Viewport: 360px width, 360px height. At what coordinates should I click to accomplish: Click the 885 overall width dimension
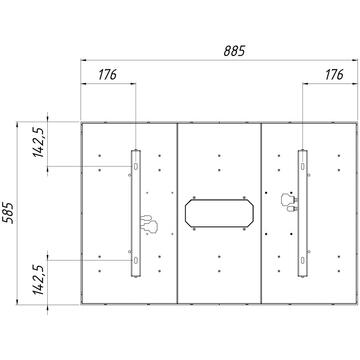pos(234,51)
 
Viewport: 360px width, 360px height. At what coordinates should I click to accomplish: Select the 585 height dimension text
pos(8,213)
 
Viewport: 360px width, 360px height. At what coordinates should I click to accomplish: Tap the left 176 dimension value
pos(107,75)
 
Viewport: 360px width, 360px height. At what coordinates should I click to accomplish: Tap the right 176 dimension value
pos(334,75)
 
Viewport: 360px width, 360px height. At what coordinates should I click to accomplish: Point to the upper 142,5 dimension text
pos(38,142)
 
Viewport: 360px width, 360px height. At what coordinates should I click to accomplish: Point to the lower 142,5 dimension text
pos(38,280)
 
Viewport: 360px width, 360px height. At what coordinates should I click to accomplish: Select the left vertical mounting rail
pos(136,213)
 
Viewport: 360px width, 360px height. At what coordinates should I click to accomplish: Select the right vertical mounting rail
pos(302,213)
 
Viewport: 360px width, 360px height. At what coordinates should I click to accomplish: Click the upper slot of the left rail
pos(136,166)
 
